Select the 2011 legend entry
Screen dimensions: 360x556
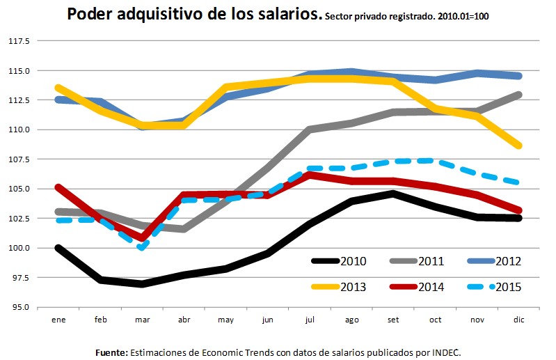point(418,261)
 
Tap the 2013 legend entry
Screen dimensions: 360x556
point(341,285)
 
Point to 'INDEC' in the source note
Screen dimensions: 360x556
point(445,352)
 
